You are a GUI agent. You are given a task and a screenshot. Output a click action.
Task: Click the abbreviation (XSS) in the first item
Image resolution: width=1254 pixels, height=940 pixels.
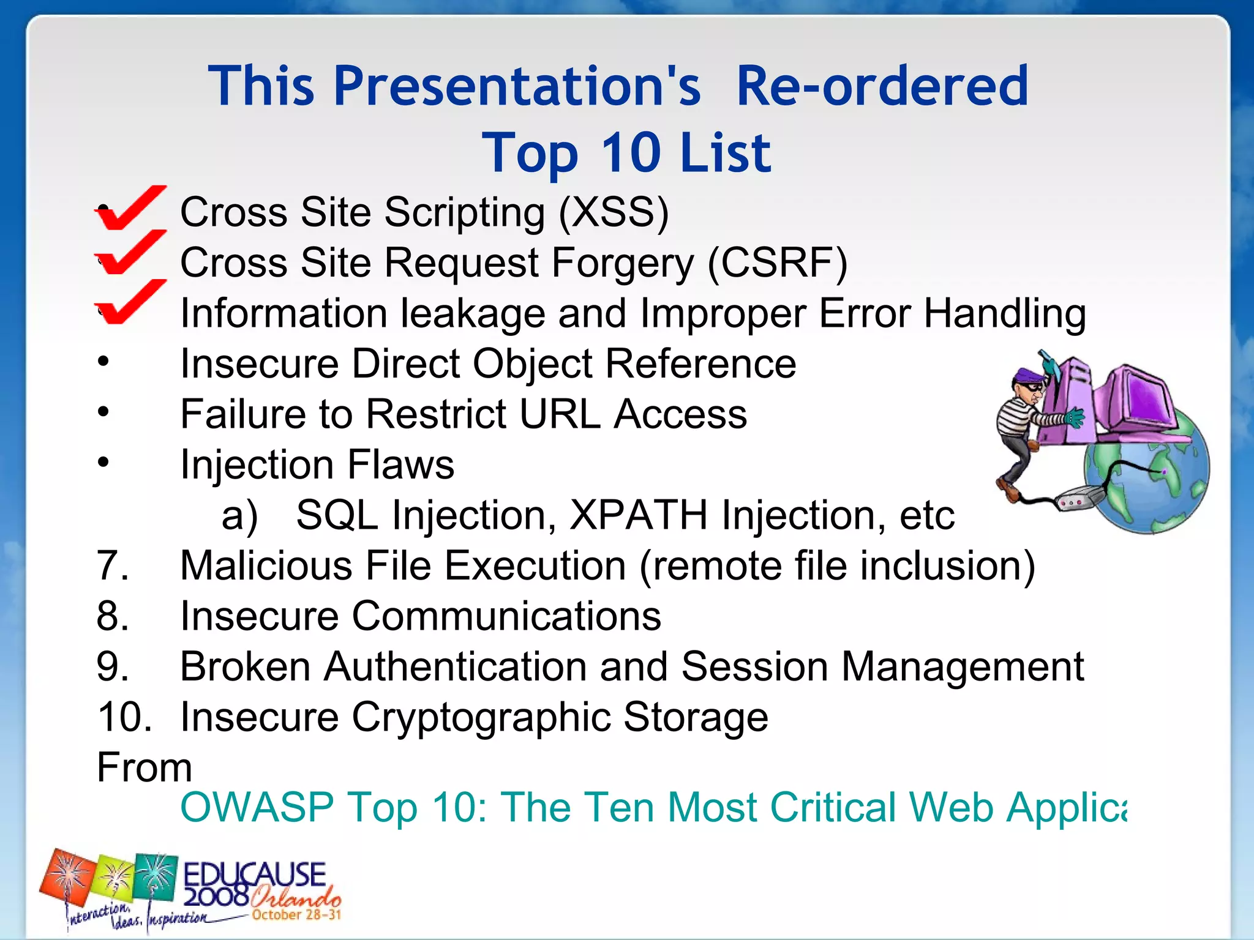tap(614, 213)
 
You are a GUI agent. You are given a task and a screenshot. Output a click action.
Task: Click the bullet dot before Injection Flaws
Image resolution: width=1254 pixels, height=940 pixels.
tap(103, 462)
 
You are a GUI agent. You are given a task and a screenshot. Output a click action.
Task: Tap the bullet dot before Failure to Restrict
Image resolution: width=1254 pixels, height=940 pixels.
tap(103, 411)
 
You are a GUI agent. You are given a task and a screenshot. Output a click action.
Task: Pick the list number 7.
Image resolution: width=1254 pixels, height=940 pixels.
tap(113, 565)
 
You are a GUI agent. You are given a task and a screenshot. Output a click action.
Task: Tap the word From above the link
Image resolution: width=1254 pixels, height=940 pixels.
tap(145, 767)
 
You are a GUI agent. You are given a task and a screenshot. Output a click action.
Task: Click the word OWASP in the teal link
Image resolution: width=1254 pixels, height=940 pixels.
tap(257, 807)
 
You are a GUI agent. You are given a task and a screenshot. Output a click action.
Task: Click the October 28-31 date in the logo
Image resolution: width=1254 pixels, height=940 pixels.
tap(296, 915)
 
